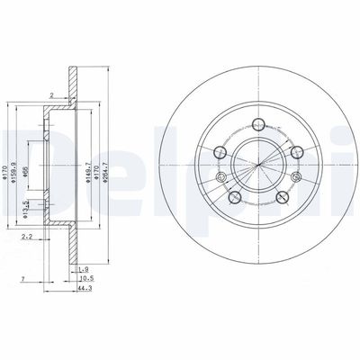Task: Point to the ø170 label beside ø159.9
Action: tap(8, 164)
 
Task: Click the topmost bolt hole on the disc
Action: tap(257, 125)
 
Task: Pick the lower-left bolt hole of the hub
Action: tap(233, 197)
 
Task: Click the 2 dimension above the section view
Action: tap(51, 94)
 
